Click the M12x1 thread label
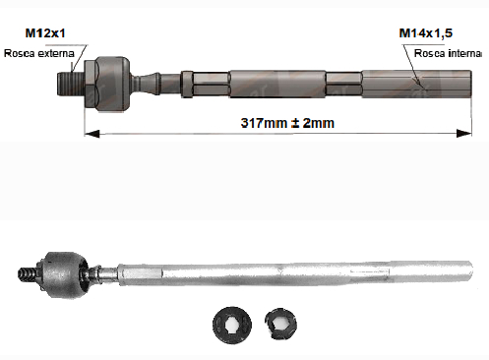(x=45, y=33)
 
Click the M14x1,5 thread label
(x=425, y=33)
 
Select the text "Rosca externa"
(x=39, y=53)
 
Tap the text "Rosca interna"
(x=448, y=53)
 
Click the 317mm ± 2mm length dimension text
(x=287, y=123)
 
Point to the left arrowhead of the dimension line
(x=92, y=134)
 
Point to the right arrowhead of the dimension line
(x=464, y=133)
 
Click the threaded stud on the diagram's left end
(x=71, y=84)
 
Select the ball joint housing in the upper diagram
(x=111, y=84)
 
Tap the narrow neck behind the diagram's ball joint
(x=145, y=84)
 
